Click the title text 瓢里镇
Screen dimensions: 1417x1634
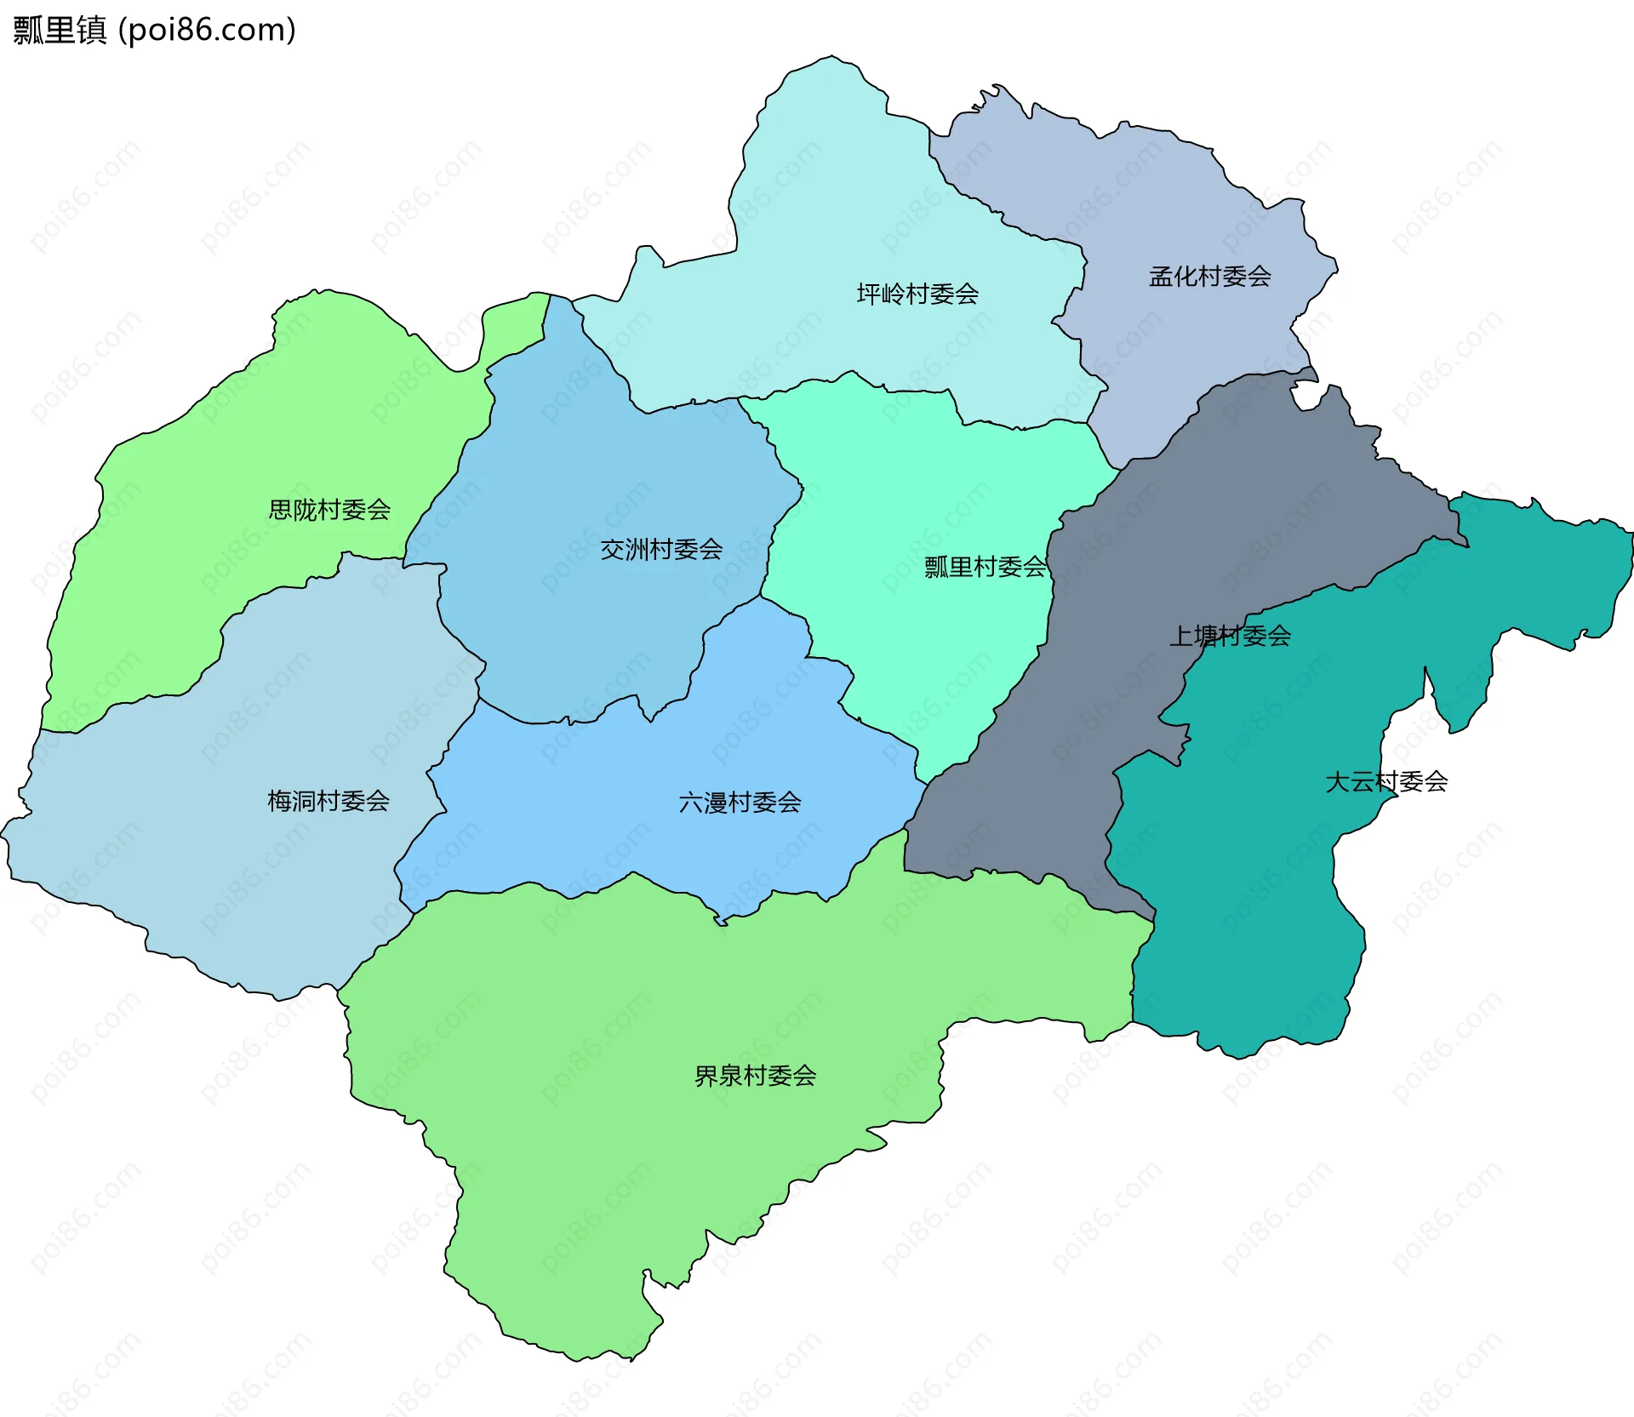(60, 30)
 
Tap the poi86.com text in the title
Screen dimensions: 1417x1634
(207, 30)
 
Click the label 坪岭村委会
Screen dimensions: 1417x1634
(917, 294)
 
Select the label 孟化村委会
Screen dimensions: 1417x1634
(1209, 277)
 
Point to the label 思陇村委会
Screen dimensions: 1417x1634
(329, 510)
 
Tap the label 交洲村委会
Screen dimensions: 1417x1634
(661, 550)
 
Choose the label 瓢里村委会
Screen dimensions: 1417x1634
(985, 567)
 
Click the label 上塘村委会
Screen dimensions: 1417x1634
(1230, 636)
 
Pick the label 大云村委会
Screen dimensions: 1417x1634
(1386, 781)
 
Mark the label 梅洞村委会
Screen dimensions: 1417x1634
(329, 801)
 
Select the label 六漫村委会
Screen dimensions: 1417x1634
(740, 803)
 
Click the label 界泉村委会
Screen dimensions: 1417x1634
(755, 1077)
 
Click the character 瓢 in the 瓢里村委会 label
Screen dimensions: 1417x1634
(936, 567)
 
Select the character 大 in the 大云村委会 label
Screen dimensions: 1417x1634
(1337, 781)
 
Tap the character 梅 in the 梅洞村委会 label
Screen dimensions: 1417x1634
(279, 801)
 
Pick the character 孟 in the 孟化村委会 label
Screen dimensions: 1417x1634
(1161, 277)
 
